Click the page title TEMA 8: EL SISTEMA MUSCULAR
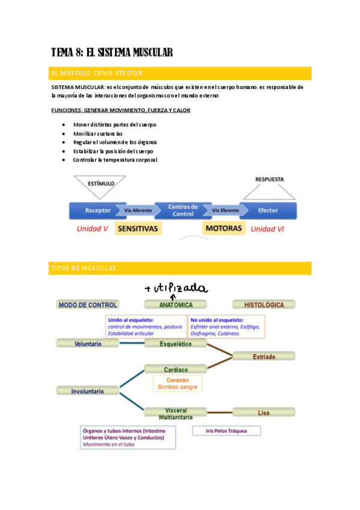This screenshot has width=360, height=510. click(112, 53)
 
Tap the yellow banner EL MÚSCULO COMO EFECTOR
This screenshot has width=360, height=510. click(180, 73)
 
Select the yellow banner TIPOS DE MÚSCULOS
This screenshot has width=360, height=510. click(180, 268)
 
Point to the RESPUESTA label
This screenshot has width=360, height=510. click(269, 179)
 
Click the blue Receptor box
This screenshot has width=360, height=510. click(97, 210)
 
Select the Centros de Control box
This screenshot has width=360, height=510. click(182, 210)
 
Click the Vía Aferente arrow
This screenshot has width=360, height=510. click(138, 210)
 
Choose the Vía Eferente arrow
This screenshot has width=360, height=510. click(225, 210)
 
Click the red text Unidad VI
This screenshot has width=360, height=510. click(267, 229)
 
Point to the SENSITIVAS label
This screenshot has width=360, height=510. click(138, 229)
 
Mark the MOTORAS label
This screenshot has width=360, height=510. click(224, 229)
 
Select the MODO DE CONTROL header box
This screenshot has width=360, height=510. click(88, 305)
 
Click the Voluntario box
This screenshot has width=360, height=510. click(88, 343)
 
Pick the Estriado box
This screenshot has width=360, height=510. click(263, 357)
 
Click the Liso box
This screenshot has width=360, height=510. click(263, 413)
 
